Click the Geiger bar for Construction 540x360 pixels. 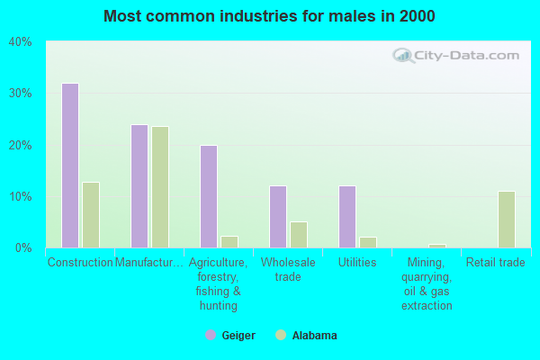coord(70,166)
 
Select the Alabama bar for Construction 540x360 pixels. coord(91,215)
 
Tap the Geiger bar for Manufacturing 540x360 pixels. coord(139,186)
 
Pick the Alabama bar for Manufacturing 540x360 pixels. coord(160,187)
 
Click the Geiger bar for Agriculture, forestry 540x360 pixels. coord(209,196)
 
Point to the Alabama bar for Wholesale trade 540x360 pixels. coord(299,235)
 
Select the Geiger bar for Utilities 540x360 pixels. coord(347,217)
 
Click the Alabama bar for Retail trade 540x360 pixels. coord(507,220)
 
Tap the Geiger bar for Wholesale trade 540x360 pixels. coord(278,217)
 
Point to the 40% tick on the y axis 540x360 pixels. coord(20,41)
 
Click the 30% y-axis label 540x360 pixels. coord(20,94)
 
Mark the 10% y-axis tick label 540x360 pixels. coord(20,196)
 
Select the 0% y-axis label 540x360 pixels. coord(23,247)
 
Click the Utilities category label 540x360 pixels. coord(356,263)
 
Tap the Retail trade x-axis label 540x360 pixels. coord(495,263)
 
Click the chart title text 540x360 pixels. coord(269,16)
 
